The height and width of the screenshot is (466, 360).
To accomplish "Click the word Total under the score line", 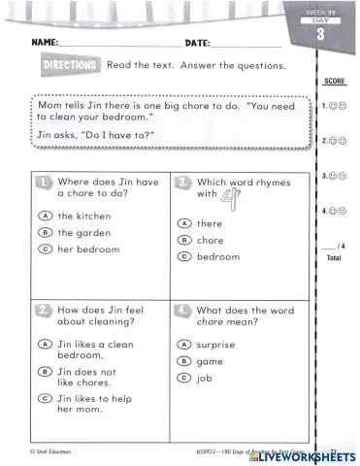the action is [334, 259].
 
